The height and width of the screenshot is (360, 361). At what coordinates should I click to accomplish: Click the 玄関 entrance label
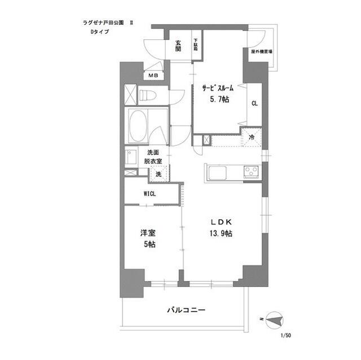coord(178,45)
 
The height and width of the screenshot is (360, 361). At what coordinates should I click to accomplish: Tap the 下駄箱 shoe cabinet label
coord(196,45)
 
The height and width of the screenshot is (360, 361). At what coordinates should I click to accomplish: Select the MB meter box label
coord(153,75)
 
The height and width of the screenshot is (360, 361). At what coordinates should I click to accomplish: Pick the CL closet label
coord(254,103)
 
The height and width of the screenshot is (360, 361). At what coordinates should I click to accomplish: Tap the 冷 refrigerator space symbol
coord(252,137)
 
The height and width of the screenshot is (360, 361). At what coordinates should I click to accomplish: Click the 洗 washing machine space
coord(158,174)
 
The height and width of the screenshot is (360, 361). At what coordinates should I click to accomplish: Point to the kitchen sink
coord(217,172)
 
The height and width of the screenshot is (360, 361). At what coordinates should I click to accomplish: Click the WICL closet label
coord(150,194)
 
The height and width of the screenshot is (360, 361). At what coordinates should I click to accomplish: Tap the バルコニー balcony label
coord(186,310)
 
